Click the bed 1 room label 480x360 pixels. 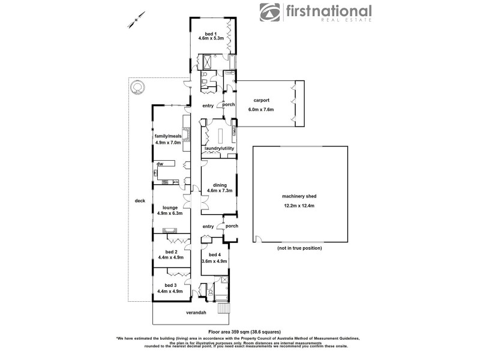[210, 34]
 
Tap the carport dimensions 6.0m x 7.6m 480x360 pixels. [261, 110]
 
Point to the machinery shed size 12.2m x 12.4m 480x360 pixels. [299, 206]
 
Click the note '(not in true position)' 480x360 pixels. [299, 248]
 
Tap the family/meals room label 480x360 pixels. [168, 136]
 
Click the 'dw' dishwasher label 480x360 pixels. [160, 164]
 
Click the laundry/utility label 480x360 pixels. [219, 148]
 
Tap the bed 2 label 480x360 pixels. [171, 252]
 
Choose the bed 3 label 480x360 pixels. [171, 285]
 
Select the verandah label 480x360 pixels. [195, 313]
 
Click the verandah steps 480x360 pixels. [223, 308]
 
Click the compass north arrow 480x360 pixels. [134, 18]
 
